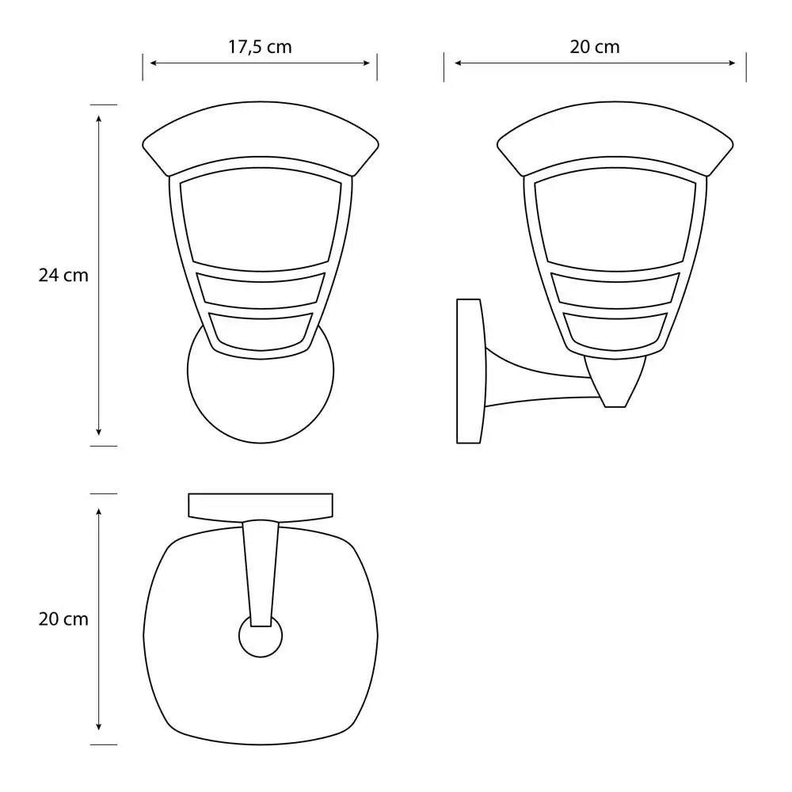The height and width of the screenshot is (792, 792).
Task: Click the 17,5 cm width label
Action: pos(260,47)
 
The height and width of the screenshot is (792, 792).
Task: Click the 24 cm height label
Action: pos(63,276)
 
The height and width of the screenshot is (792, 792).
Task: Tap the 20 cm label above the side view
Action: pos(595,47)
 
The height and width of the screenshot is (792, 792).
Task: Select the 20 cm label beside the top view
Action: pos(63,619)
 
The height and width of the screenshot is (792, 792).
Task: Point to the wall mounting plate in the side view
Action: pos(470,371)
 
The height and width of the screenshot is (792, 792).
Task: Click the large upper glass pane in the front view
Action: pos(260,218)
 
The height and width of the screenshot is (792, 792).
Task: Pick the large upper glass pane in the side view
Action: pos(615,218)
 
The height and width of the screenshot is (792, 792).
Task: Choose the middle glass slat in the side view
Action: pos(615,288)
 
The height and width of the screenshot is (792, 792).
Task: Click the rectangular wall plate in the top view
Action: pos(260,505)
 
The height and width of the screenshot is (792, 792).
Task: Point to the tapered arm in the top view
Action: pos(261,570)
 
